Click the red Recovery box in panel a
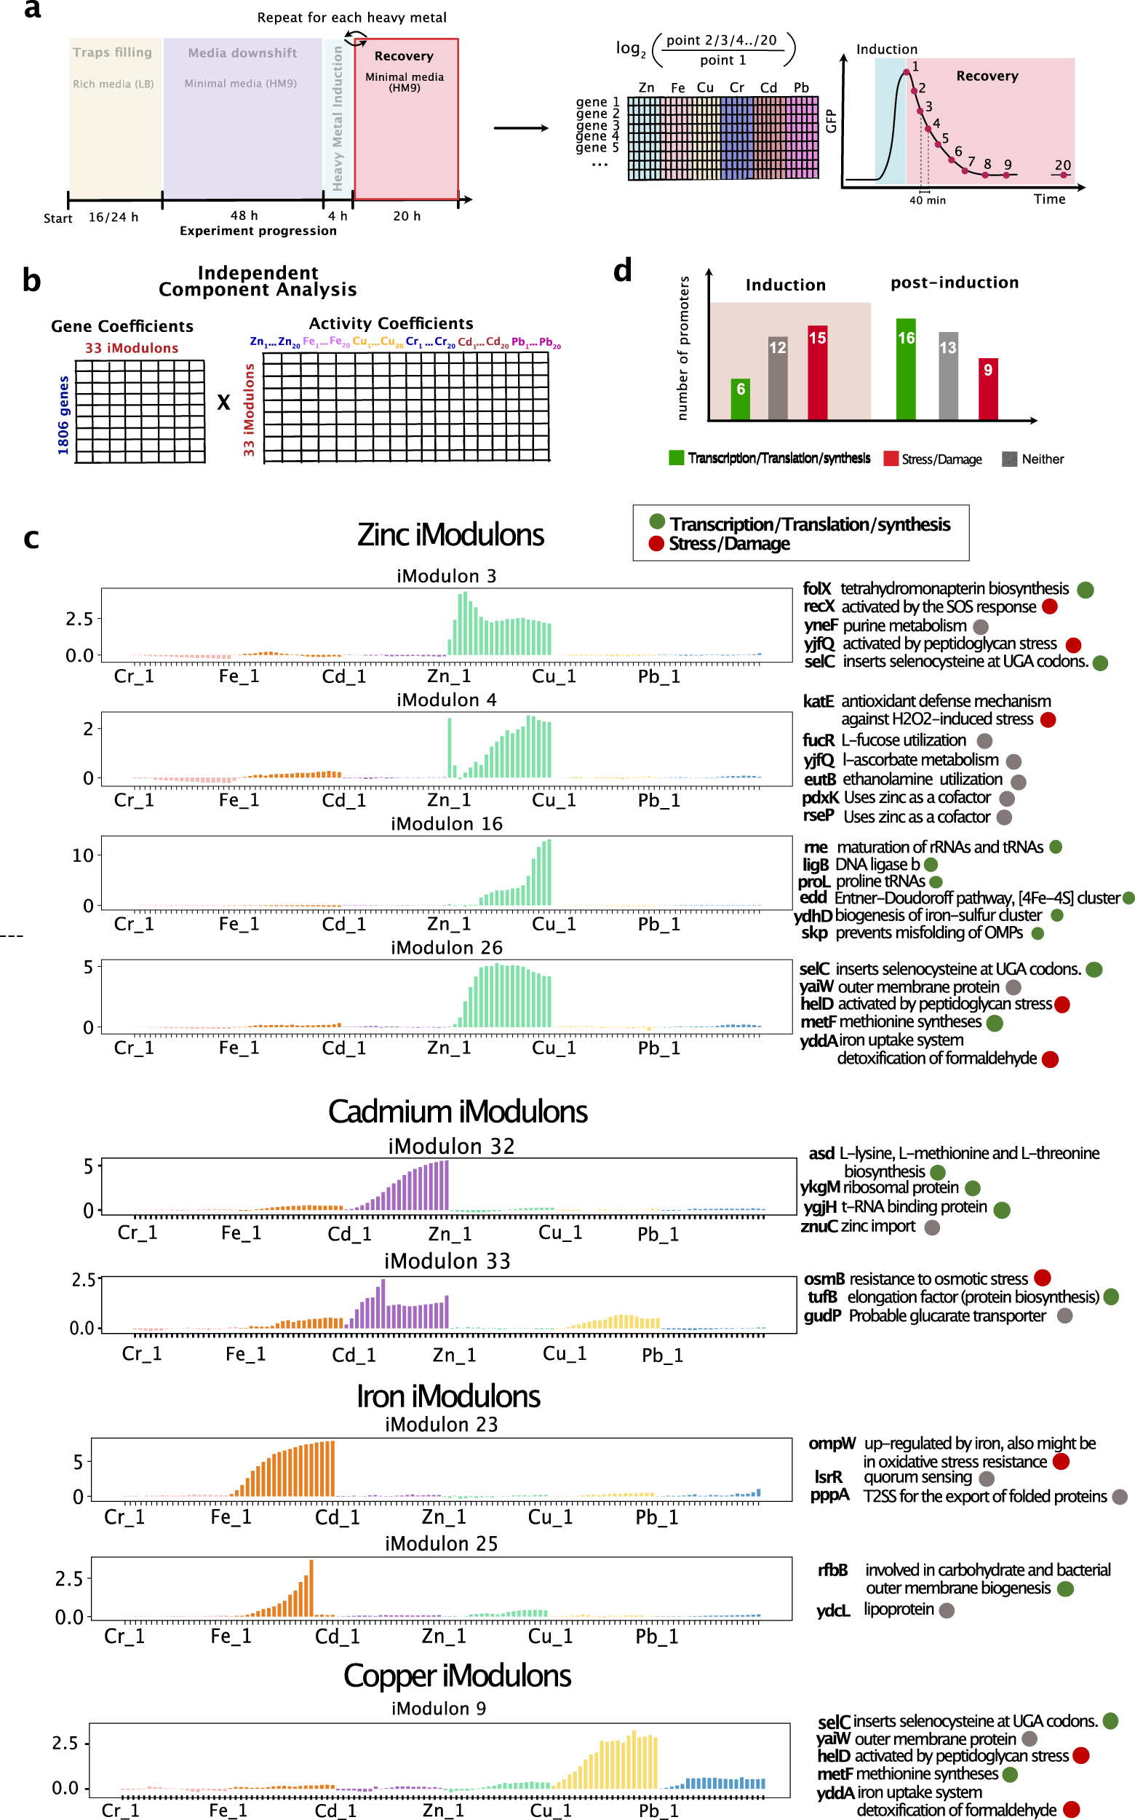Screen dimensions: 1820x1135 click(405, 119)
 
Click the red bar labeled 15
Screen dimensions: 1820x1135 click(817, 372)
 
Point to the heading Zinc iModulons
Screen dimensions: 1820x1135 click(450, 535)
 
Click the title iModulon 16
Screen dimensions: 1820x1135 click(446, 823)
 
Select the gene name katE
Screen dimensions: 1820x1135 click(818, 701)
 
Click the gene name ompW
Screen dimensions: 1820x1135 click(831, 1443)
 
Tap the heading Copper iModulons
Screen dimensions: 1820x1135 click(456, 1675)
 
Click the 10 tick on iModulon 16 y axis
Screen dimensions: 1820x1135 click(82, 855)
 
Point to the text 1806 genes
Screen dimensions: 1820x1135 click(64, 415)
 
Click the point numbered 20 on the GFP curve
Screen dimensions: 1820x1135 click(1063, 174)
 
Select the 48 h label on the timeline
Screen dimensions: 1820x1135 click(244, 215)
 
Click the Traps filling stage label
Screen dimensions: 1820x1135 click(113, 52)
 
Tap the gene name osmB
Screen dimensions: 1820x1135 click(824, 1278)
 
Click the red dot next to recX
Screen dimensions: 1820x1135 click(1049, 606)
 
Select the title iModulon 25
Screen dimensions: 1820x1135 click(441, 1543)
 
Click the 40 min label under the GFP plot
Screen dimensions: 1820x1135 click(927, 200)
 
